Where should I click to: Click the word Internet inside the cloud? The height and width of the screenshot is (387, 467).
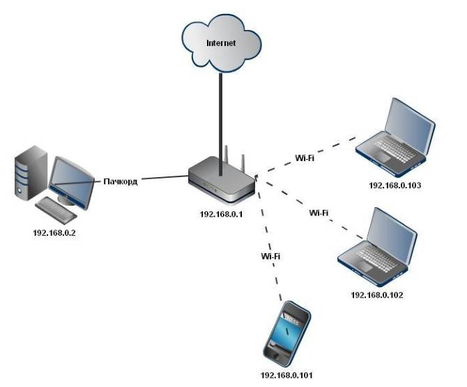[221, 43]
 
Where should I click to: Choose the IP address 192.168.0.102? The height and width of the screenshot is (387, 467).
[376, 294]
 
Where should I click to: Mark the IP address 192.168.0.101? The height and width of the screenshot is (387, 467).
[286, 374]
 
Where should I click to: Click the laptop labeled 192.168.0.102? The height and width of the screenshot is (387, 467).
[378, 248]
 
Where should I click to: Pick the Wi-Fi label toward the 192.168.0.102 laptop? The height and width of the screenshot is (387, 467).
[319, 212]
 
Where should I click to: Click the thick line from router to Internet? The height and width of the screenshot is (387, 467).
[221, 119]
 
